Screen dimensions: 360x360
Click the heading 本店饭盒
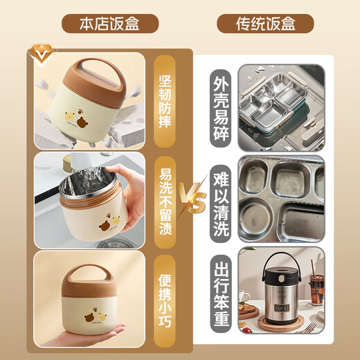109,24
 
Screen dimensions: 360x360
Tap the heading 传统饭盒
265,24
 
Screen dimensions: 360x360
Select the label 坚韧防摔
165,101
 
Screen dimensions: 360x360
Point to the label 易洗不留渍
165,202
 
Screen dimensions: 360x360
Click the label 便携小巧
165,300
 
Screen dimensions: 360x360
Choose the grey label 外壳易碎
221,109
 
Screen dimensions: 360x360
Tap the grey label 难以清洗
221,204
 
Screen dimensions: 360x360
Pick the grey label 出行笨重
221,294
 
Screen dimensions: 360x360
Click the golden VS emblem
192,198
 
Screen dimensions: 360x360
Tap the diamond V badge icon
42,54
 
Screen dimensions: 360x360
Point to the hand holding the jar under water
130,199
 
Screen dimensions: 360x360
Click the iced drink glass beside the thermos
316,290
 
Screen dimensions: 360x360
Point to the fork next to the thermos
309,327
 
